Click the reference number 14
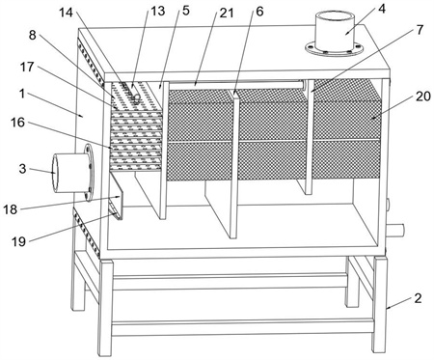point(66,13)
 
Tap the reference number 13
point(158,11)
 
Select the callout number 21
point(227,13)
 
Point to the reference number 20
point(423,96)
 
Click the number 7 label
point(420,30)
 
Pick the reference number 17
point(27,67)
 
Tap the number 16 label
point(17,123)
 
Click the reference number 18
point(10,209)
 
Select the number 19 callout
point(18,241)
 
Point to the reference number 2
point(418,298)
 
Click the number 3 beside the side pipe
point(22,169)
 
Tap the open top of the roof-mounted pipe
point(335,15)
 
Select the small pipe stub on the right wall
point(395,231)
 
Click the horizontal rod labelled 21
point(236,85)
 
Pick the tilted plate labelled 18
point(117,196)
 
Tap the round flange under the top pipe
point(335,49)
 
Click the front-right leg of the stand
point(380,304)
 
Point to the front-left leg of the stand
point(106,308)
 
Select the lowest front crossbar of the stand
point(243,327)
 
